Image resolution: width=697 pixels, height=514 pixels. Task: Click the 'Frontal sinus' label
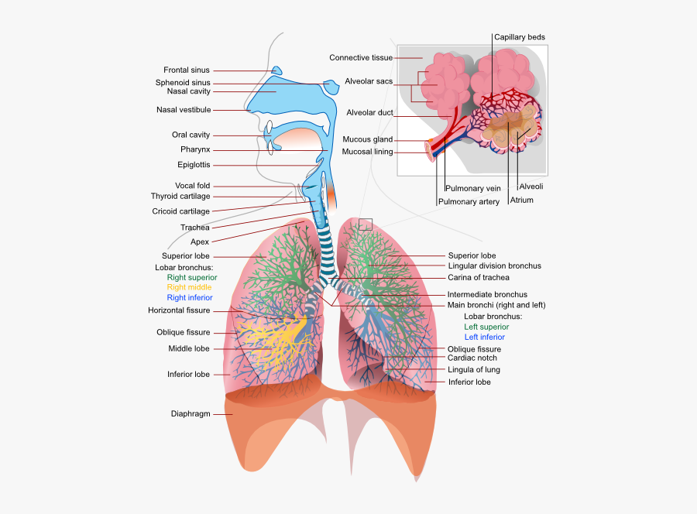[x=186, y=70]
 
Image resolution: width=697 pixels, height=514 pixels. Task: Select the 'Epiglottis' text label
[x=193, y=165]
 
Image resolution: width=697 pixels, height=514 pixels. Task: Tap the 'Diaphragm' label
[x=191, y=413]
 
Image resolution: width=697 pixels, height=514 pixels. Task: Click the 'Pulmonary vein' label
[x=472, y=188]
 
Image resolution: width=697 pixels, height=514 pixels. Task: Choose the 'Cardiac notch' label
[x=472, y=358]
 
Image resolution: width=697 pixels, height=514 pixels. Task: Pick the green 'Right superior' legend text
[x=191, y=277]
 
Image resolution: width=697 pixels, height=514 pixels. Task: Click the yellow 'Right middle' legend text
[x=189, y=287]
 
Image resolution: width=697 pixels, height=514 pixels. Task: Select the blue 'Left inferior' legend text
[x=484, y=338]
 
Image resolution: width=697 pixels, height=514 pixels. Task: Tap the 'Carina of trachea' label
[x=478, y=277]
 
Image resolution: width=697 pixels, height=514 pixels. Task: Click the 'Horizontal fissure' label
[x=179, y=310]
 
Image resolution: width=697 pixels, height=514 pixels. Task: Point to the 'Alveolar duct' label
[x=369, y=113]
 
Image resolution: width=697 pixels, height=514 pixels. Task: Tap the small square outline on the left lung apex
[x=366, y=224]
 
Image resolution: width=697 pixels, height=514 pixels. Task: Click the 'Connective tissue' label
[x=360, y=58]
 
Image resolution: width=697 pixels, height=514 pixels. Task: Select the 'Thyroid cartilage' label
[x=180, y=197]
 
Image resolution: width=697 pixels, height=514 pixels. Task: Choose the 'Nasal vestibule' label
[x=184, y=110]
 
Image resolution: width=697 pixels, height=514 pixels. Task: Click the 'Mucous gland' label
[x=367, y=140]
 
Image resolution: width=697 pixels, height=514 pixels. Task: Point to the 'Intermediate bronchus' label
[x=487, y=295]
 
